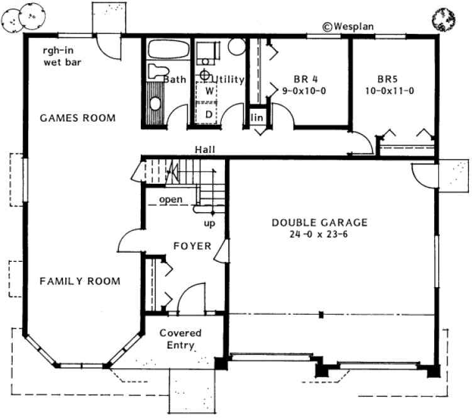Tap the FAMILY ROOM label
coord(80,281)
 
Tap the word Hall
coord(205,150)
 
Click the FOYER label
coord(192,246)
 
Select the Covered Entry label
coord(180,339)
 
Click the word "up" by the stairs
coord(209,223)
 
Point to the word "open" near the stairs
coord(170,200)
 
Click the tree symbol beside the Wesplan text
coord(443,18)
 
